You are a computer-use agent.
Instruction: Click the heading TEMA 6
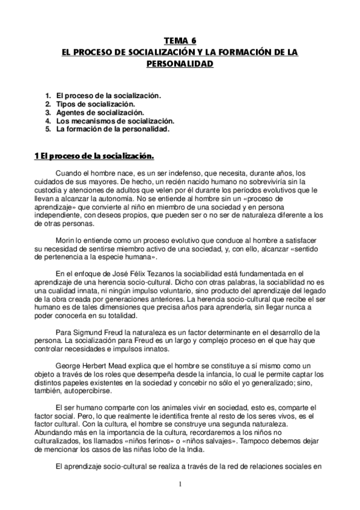click(x=180, y=41)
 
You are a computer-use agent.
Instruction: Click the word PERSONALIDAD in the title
click(x=180, y=62)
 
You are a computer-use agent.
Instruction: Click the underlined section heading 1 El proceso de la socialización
click(x=94, y=157)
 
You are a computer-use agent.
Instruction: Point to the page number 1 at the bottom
click(x=180, y=483)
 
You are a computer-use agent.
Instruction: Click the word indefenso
click(x=167, y=173)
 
